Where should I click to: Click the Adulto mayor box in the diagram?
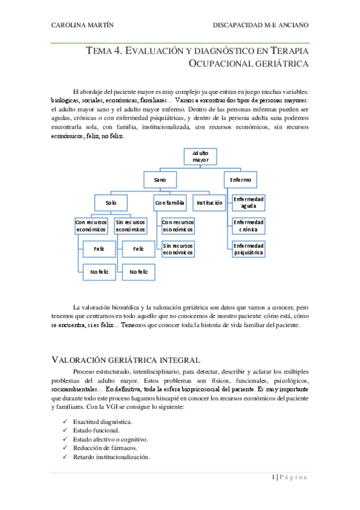[x=201, y=157]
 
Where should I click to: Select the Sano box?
[x=160, y=180]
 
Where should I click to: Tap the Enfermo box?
[x=240, y=180]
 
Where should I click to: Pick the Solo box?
[x=111, y=203]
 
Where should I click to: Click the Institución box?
[x=210, y=203]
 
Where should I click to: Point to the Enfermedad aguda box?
[x=248, y=203]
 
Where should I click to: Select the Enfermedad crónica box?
[x=248, y=226]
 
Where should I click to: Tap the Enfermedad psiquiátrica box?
[x=248, y=249]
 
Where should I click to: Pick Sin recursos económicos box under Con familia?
[x=178, y=249]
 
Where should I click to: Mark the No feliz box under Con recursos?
[x=99, y=272]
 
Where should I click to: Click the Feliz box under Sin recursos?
[x=138, y=248]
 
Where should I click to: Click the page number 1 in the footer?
[x=273, y=478]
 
